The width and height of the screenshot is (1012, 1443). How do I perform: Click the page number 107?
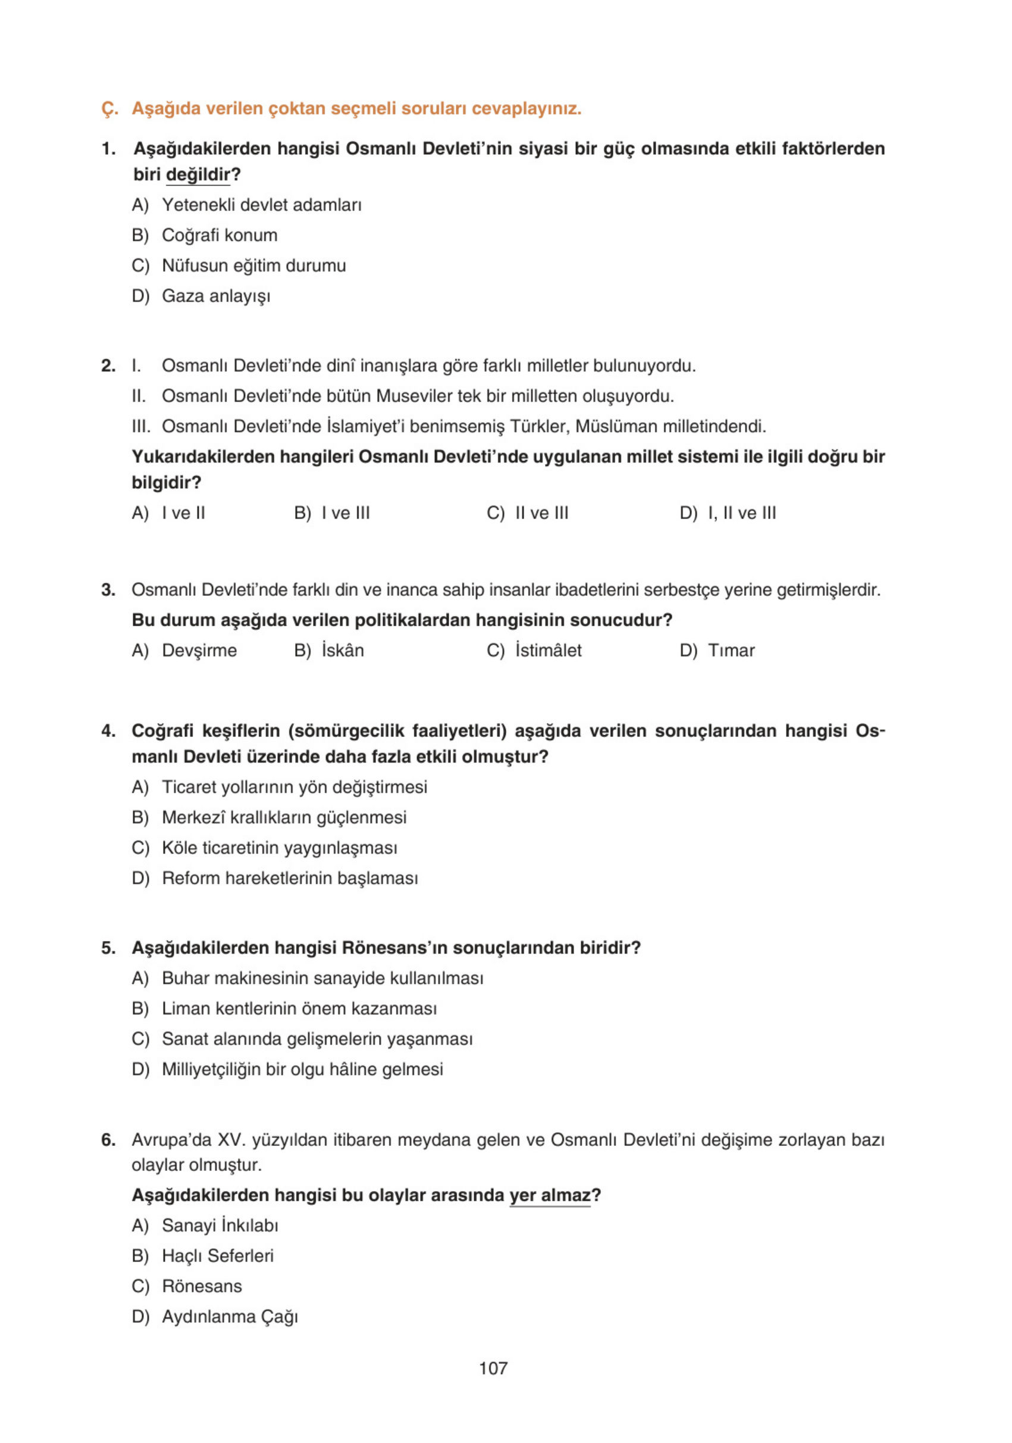[x=493, y=1368]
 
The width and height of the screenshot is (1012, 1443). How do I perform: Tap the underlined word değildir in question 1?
[x=198, y=174]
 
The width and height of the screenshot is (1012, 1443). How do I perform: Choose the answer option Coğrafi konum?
[x=219, y=235]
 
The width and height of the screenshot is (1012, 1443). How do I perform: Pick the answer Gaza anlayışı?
[x=216, y=295]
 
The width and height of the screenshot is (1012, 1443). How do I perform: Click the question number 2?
[x=108, y=366]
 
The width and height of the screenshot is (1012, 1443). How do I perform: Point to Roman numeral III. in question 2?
[x=141, y=426]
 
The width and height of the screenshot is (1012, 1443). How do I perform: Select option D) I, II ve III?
[x=741, y=513]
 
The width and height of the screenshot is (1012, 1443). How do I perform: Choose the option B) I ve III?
[x=345, y=513]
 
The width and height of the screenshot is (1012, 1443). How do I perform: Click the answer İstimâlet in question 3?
[x=548, y=650]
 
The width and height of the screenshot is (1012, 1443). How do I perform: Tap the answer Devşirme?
[x=199, y=650]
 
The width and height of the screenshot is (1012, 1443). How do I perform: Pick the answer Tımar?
[x=731, y=650]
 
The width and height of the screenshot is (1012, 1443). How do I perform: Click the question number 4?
[x=108, y=731]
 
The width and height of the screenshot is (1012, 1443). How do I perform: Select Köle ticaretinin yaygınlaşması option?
[x=280, y=848]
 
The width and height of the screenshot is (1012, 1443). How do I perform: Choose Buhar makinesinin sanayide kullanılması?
[x=322, y=978]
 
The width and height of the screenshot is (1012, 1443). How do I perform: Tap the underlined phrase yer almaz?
[x=550, y=1195]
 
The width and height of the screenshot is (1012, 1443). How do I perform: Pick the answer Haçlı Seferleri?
[x=217, y=1255]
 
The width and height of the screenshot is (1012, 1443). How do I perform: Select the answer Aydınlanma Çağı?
[x=230, y=1316]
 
